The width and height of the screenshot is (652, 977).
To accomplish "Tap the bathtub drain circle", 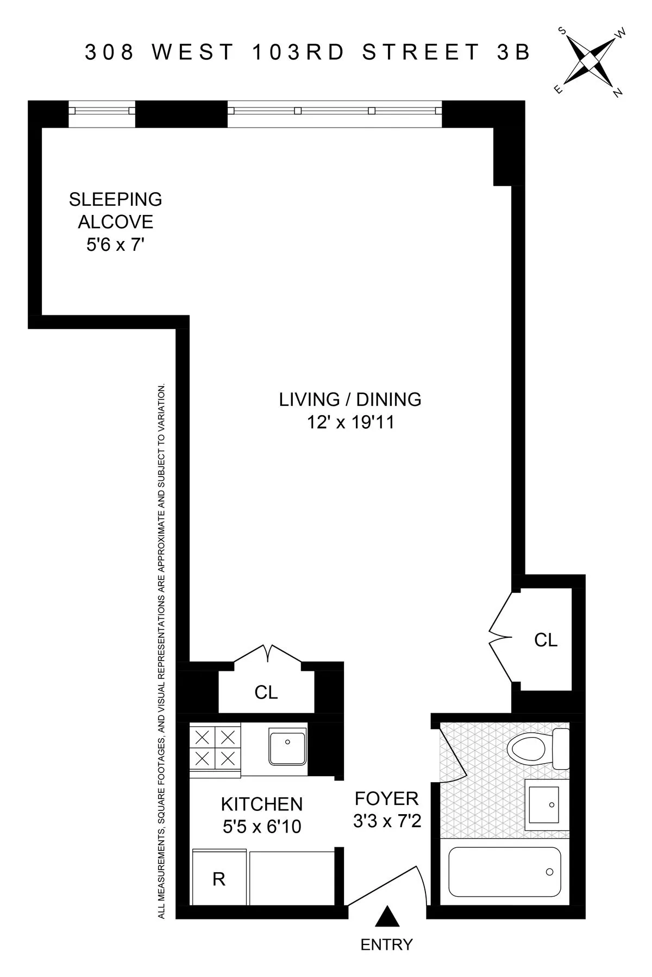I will pos(549,872).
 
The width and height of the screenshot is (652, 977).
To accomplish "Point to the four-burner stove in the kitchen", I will pos(215,747).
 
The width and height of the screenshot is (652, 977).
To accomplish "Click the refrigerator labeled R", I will pos(219,879).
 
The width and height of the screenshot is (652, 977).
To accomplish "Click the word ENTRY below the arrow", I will pos(386,945).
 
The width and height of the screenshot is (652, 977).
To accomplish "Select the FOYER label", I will pos(387,798).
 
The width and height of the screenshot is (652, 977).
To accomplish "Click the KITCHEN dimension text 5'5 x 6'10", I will pos(262,827).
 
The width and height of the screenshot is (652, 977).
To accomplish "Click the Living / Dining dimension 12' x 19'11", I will pos(350,422).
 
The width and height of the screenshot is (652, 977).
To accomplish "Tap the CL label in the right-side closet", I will pos(546,640).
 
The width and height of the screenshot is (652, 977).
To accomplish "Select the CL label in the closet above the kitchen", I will pos(266,692).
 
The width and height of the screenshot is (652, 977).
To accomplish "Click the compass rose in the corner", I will pos(591,61).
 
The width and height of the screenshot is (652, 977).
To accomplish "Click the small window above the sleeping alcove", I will pos(102,111).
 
